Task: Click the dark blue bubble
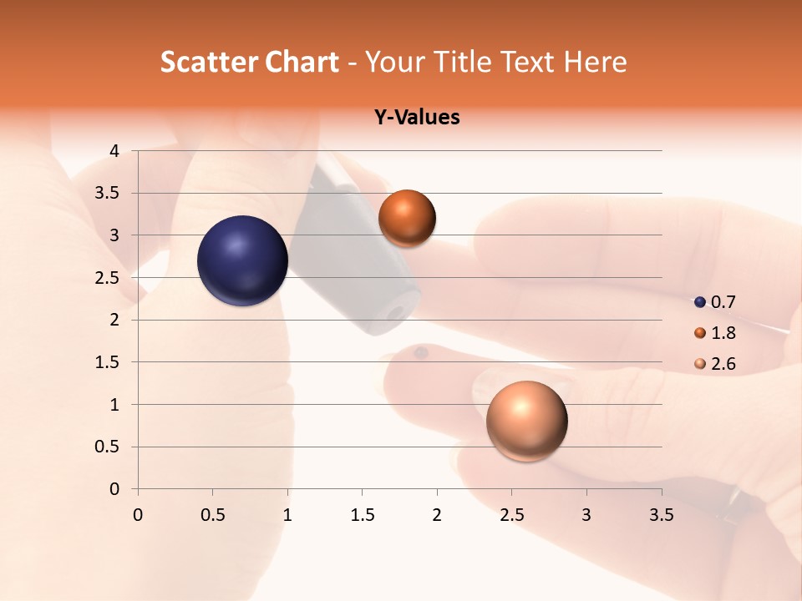pyautogui.click(x=243, y=260)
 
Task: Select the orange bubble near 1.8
pyautogui.click(x=407, y=218)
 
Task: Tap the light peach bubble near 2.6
pyautogui.click(x=526, y=421)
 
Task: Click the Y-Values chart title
pyautogui.click(x=417, y=117)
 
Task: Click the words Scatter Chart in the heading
pyautogui.click(x=250, y=62)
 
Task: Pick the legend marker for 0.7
pyautogui.click(x=700, y=302)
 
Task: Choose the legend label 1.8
pyautogui.click(x=723, y=333)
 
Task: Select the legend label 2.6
pyautogui.click(x=723, y=364)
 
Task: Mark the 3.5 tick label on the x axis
pyautogui.click(x=661, y=515)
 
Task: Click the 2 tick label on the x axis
pyautogui.click(x=437, y=515)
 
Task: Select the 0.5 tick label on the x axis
pyautogui.click(x=213, y=515)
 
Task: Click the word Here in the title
pyautogui.click(x=595, y=62)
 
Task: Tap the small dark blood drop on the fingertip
pyautogui.click(x=421, y=353)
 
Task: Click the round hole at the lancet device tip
pyautogui.click(x=396, y=312)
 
